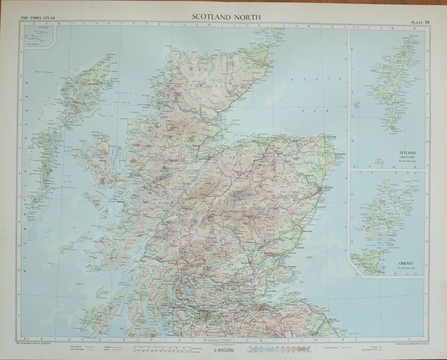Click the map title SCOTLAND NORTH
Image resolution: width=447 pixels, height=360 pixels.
(x=224, y=10)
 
